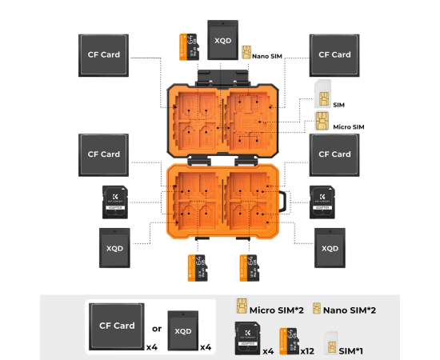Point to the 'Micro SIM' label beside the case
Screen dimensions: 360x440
tap(349, 126)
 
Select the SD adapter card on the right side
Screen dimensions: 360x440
tap(322, 202)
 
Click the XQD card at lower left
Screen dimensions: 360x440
tap(114, 247)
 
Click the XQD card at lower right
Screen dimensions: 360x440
tap(330, 247)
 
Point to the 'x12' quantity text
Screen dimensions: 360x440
tap(306, 351)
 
